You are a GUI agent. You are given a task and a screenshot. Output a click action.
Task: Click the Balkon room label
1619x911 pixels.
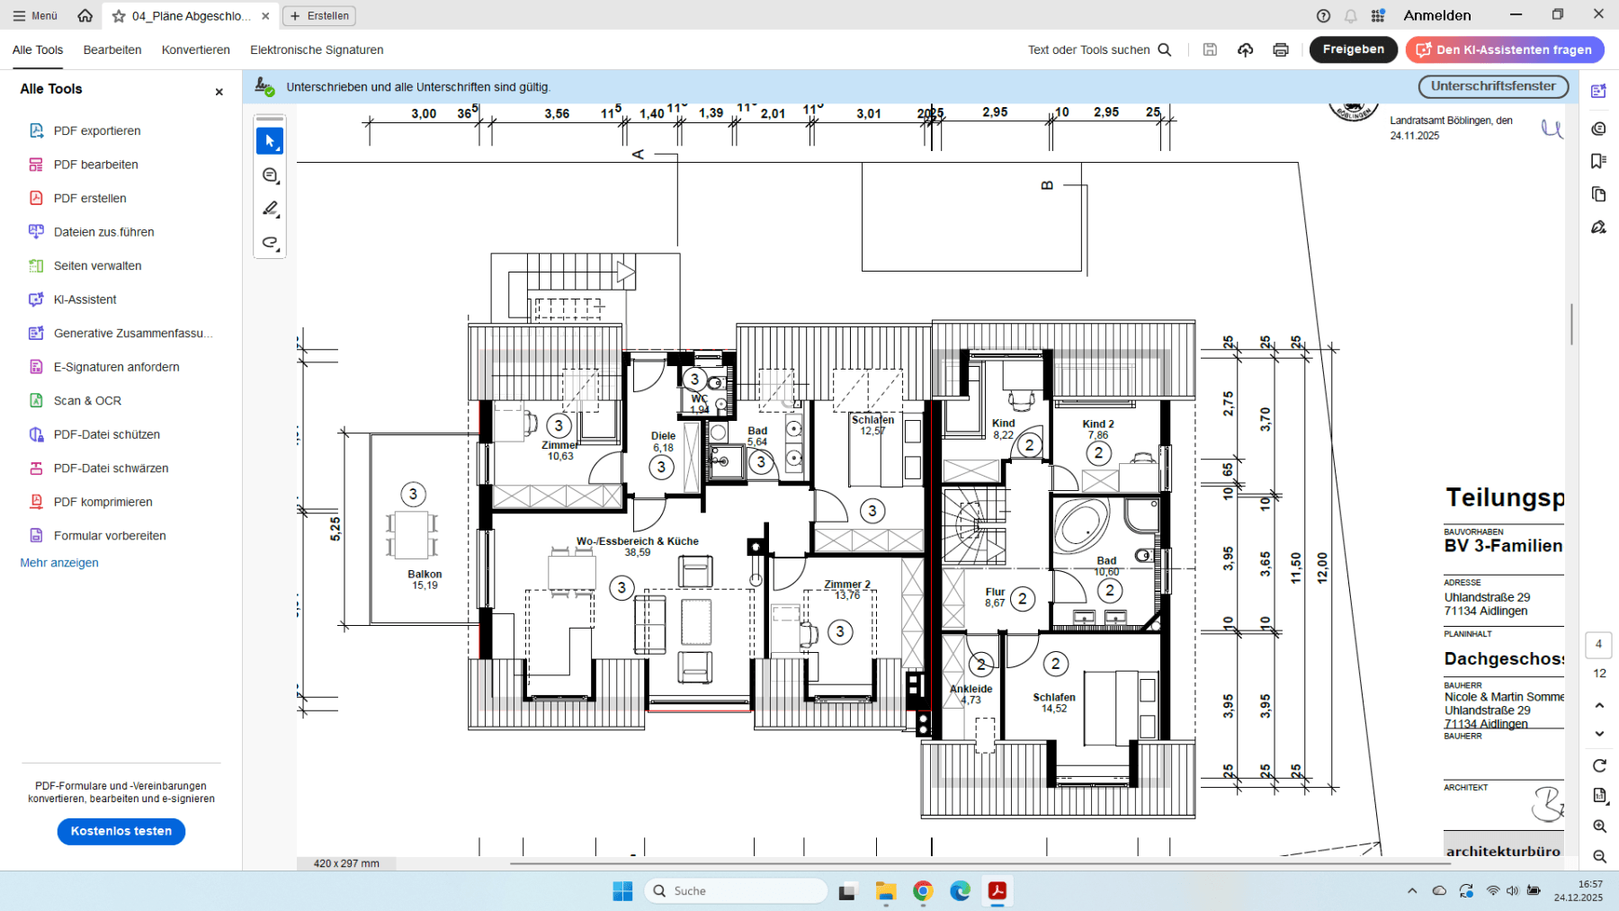(425, 574)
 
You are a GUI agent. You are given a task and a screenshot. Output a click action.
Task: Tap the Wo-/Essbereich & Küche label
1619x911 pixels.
(637, 541)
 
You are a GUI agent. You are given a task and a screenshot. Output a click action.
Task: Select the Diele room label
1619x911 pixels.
(663, 436)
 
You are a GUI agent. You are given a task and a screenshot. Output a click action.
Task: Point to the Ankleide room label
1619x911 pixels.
(971, 690)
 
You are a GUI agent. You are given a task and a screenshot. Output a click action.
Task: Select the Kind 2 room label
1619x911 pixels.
(1097, 424)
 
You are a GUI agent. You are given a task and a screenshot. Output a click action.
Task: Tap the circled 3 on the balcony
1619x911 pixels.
(413, 495)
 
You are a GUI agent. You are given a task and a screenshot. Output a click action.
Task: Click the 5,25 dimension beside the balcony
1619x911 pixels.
(335, 529)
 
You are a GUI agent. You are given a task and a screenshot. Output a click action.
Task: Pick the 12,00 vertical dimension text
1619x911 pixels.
(1321, 568)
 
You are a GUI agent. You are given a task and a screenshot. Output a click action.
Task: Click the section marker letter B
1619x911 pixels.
(1047, 185)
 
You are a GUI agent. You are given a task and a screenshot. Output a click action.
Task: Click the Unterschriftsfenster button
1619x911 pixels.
(1493, 86)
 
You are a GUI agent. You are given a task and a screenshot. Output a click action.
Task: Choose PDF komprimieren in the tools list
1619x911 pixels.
(103, 502)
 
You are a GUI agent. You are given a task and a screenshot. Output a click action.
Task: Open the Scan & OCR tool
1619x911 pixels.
(87, 401)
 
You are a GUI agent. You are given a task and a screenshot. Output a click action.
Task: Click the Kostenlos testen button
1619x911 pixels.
(121, 831)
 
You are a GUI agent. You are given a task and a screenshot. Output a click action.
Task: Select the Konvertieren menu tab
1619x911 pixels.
(195, 50)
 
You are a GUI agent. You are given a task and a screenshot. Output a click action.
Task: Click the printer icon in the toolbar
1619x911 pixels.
(1280, 50)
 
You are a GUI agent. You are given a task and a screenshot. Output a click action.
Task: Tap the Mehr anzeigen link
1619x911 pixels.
(59, 563)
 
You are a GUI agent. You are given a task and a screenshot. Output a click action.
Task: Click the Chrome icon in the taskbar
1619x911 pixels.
(923, 891)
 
